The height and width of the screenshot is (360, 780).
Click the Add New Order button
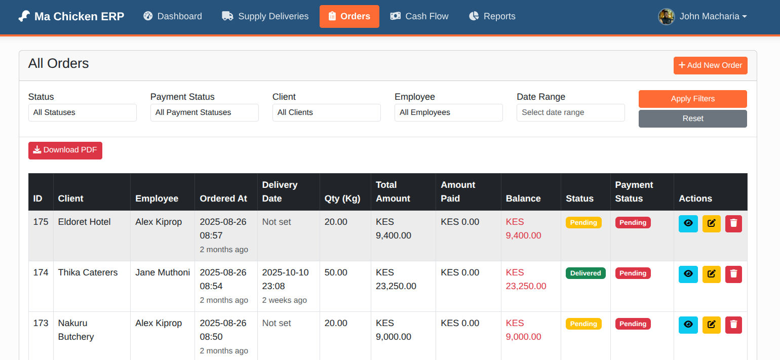pyautogui.click(x=710, y=65)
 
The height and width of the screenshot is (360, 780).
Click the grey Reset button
pyautogui.click(x=692, y=118)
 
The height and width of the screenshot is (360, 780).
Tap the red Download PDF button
pyautogui.click(x=65, y=150)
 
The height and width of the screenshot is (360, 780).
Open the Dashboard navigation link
pyautogui.click(x=173, y=16)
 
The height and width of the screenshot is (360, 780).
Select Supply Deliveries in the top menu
pyautogui.click(x=265, y=16)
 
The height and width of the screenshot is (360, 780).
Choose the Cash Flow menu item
pyautogui.click(x=419, y=16)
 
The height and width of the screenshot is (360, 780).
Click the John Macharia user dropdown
pyautogui.click(x=703, y=16)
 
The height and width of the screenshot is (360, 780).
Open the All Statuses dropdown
pyautogui.click(x=83, y=112)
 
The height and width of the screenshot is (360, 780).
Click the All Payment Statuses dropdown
pyautogui.click(x=205, y=112)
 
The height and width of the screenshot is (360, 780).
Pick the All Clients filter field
pyautogui.click(x=327, y=112)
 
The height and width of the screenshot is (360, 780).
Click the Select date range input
pyautogui.click(x=570, y=112)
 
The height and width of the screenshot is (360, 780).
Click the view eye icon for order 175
pyautogui.click(x=688, y=223)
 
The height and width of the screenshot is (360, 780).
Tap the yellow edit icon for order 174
pyautogui.click(x=711, y=274)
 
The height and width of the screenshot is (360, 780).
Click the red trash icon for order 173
pyautogui.click(x=733, y=325)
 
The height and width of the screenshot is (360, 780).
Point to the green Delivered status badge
pyautogui.click(x=586, y=273)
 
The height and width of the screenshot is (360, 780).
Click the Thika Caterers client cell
pyautogui.click(x=88, y=272)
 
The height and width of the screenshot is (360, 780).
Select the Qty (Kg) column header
pyautogui.click(x=342, y=198)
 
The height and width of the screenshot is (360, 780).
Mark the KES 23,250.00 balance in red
pyautogui.click(x=526, y=279)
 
